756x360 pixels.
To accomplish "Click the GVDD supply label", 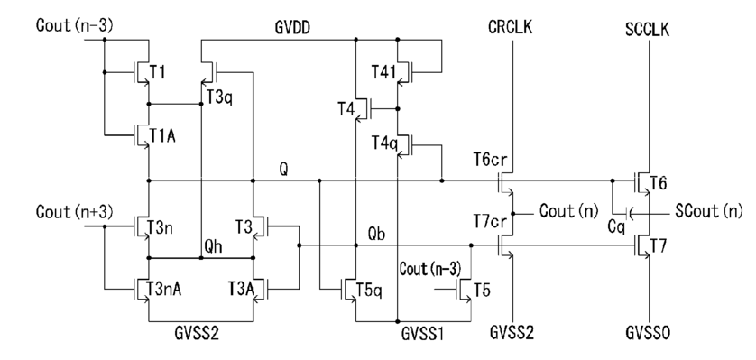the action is click(292, 28).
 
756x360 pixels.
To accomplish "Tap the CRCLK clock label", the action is click(510, 27).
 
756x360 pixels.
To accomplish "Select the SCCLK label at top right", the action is click(648, 30).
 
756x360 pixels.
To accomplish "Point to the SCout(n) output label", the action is click(709, 211).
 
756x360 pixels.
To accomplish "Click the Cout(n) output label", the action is click(569, 210).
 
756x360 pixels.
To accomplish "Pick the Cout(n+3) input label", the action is click(75, 212).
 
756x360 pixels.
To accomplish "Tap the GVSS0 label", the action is click(648, 333).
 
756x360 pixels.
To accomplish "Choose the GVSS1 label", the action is click(422, 333).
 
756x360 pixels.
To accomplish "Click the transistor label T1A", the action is click(162, 136).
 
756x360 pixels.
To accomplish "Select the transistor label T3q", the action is click(220, 97).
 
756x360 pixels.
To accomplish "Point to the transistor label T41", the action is click(383, 72).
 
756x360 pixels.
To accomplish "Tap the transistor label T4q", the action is click(384, 143).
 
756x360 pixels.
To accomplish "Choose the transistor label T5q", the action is click(369, 291).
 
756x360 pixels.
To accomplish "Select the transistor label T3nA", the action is click(165, 290).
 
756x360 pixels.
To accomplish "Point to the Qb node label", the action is click(377, 234).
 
